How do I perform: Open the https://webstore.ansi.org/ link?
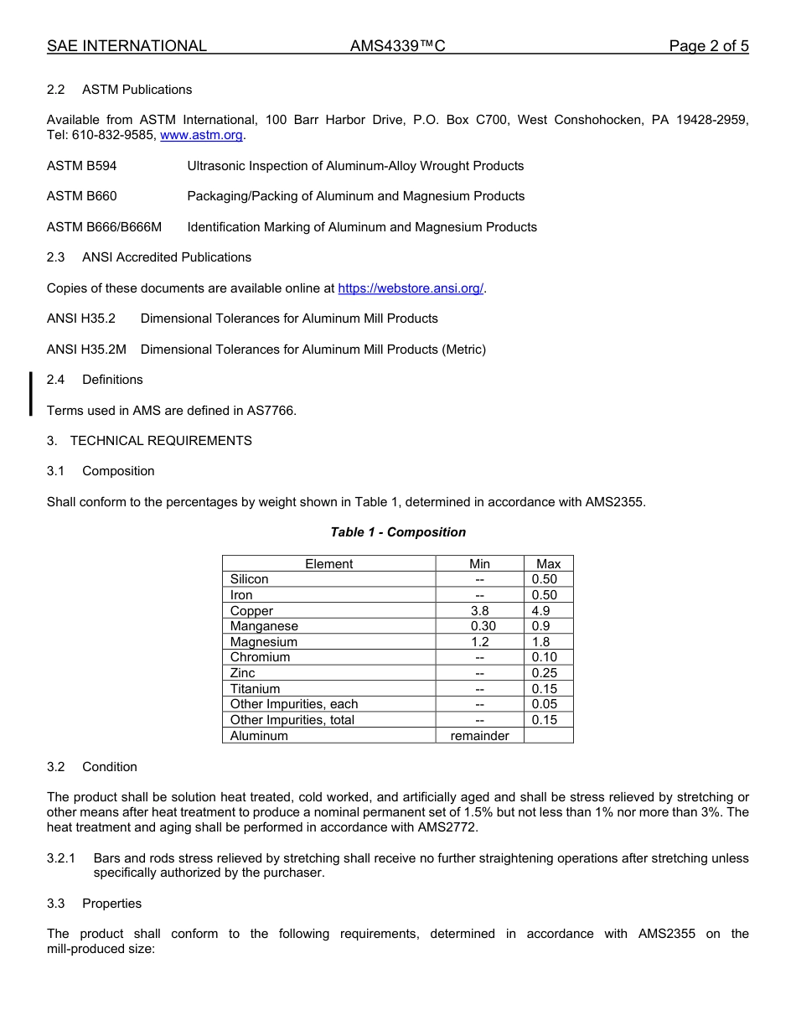tap(411, 288)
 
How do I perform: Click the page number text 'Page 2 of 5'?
tap(708, 46)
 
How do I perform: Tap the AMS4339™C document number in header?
tap(397, 46)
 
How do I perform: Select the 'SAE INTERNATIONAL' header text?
tap(127, 46)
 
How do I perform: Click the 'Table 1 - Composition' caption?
tap(398, 532)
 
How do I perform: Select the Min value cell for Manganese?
tap(479, 626)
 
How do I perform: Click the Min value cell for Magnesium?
tap(479, 642)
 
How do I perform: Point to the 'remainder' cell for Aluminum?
tap(479, 736)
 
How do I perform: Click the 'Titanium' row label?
tap(255, 689)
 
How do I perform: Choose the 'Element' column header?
tap(328, 564)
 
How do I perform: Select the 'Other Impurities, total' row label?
tap(292, 720)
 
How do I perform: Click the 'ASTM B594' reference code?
tap(82, 166)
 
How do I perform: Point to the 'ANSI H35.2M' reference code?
tap(86, 350)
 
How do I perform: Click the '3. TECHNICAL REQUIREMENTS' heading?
tap(149, 441)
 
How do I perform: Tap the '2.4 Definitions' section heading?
tap(95, 380)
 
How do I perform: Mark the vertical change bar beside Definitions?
tap(31, 394)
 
